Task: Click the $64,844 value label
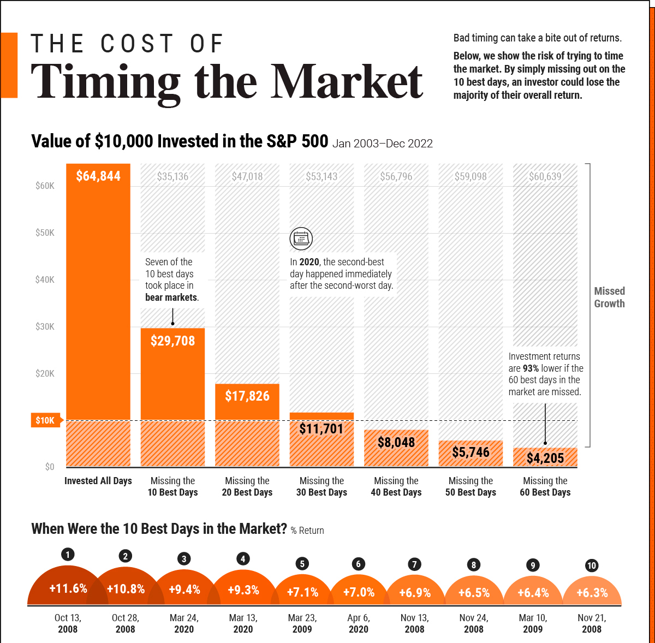[x=98, y=176]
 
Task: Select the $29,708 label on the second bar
[x=172, y=341]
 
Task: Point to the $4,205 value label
[x=545, y=458]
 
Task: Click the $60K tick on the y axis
[x=45, y=186]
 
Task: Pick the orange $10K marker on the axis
[x=45, y=420]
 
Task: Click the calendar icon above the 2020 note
[x=301, y=239]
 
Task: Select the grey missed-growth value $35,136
[x=172, y=176]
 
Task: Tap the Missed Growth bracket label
[x=609, y=297]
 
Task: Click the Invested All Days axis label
[x=98, y=481]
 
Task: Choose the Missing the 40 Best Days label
[x=396, y=486]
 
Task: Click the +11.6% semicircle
[x=68, y=588]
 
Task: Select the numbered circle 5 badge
[x=302, y=564]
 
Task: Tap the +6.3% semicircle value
[x=592, y=593]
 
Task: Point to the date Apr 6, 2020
[x=359, y=623]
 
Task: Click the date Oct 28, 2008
[x=126, y=623]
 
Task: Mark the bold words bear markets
[x=171, y=297]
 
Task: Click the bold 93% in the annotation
[x=531, y=368]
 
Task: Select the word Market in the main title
[x=347, y=82]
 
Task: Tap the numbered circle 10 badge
[x=592, y=565]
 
